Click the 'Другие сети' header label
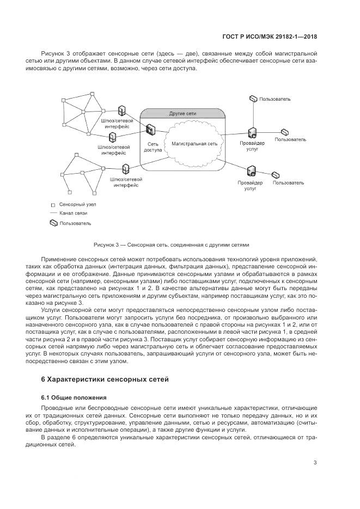tap(182, 113)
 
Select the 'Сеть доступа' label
tap(152, 148)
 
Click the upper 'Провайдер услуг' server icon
tap(252, 132)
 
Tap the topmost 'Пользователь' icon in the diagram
tap(253, 99)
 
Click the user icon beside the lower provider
tap(276, 175)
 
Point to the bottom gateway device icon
tap(126, 169)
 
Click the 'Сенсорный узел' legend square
tap(53, 204)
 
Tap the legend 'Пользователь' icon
tap(53, 223)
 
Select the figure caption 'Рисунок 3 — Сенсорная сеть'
tap(171, 244)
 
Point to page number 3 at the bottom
tap(315, 463)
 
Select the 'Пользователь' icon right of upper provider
tap(285, 132)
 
